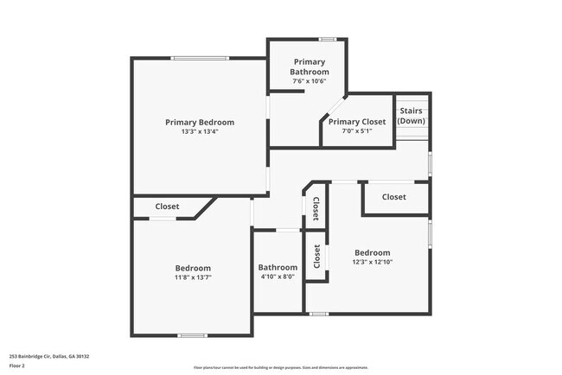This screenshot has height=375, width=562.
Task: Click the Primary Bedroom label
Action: click(200, 123)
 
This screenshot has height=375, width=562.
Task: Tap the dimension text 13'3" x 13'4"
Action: click(200, 132)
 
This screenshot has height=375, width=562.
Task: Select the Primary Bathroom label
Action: click(310, 67)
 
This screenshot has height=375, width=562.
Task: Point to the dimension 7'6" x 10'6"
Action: click(310, 81)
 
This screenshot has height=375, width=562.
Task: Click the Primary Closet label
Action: click(357, 122)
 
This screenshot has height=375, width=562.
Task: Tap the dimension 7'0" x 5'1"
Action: click(357, 132)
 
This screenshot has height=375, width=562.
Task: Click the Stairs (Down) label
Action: click(411, 116)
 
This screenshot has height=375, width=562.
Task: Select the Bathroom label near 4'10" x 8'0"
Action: click(278, 268)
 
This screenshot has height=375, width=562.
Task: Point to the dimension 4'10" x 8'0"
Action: click(278, 277)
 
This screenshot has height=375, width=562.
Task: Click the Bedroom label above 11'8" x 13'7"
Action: click(193, 268)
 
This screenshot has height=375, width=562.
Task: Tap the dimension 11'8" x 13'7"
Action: click(193, 277)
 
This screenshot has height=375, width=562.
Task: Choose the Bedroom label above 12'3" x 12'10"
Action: click(372, 253)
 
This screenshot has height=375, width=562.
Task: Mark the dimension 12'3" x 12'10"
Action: click(372, 263)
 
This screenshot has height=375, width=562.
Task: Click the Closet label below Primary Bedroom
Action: click(167, 207)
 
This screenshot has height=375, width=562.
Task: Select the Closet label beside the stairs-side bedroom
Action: click(393, 197)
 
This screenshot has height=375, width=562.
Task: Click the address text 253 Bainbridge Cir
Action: click(49, 356)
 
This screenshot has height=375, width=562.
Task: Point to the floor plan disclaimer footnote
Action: click(280, 366)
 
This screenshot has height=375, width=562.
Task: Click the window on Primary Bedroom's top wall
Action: click(200, 58)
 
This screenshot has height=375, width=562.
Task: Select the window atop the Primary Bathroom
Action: click(327, 39)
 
